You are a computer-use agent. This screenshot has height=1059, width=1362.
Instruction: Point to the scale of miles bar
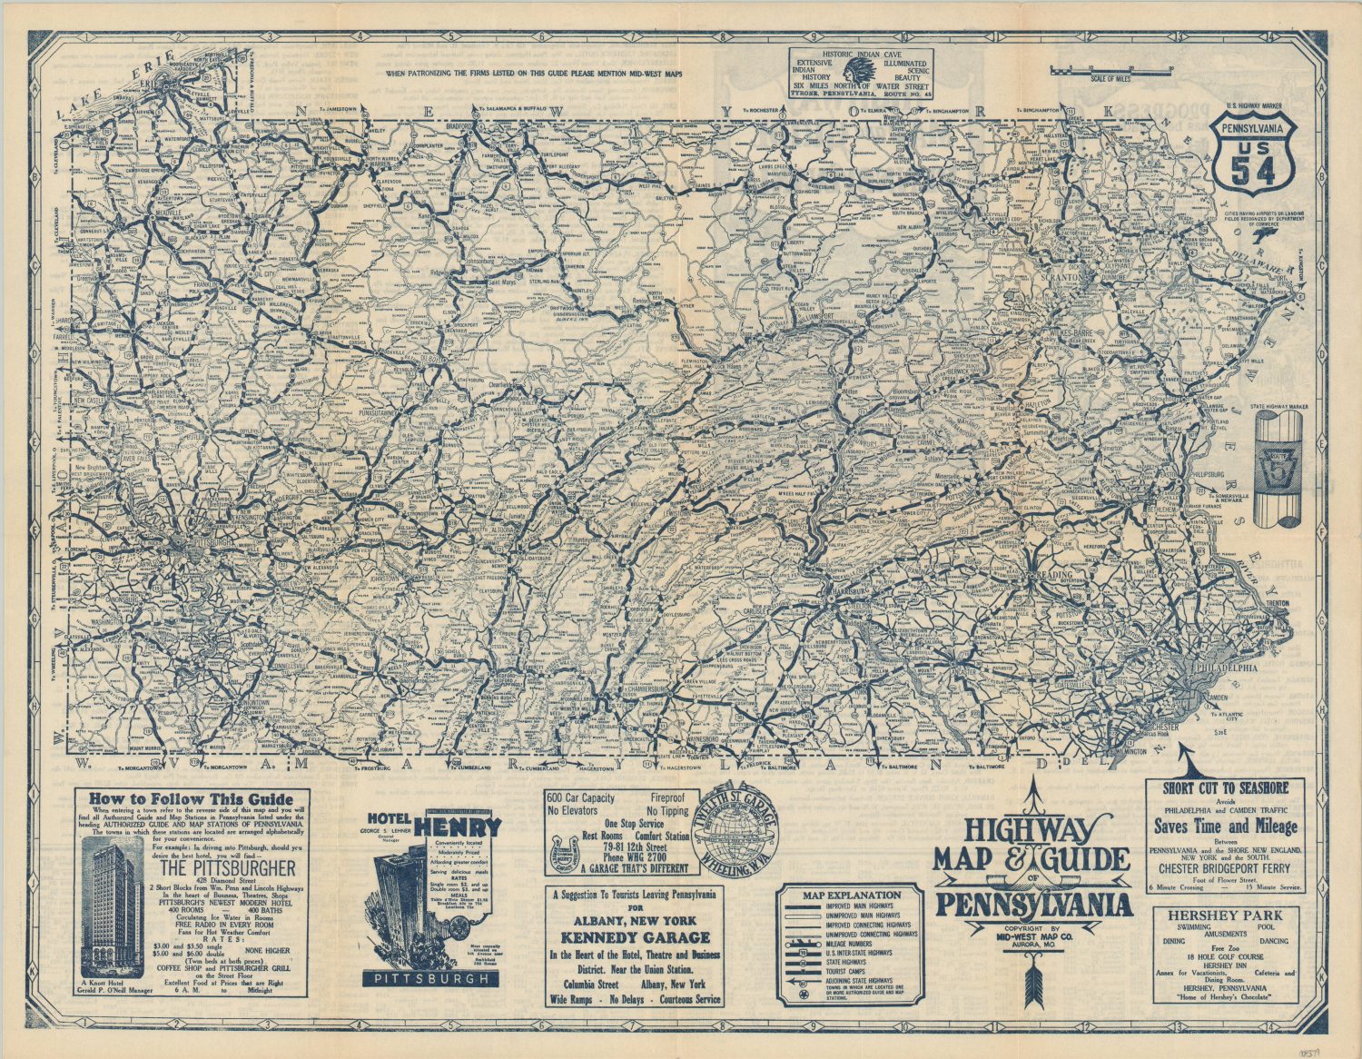[1119, 69]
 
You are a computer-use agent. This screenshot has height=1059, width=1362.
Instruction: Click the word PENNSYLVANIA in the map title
[1034, 905]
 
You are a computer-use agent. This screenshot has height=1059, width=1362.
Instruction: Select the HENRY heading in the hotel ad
[463, 826]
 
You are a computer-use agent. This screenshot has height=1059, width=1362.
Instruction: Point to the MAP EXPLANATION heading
[852, 895]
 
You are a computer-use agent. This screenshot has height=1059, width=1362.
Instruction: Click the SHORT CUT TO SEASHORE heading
[1225, 788]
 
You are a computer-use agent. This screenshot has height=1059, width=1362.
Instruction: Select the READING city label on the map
[1032, 575]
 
